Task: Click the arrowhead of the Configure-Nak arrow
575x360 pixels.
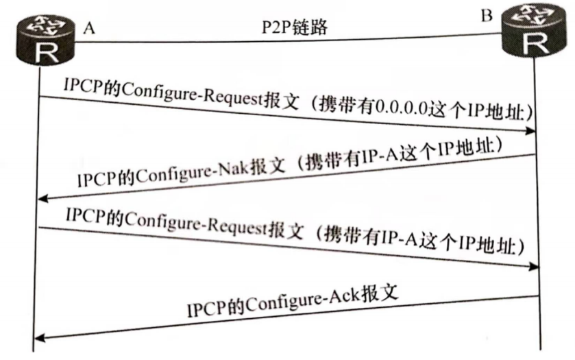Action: [x=42, y=199]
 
